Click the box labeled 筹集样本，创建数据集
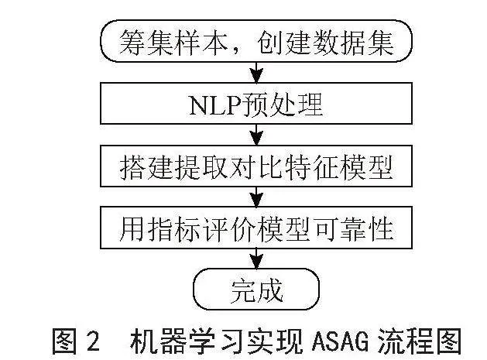256,41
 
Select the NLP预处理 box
256,104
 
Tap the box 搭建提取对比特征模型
256,166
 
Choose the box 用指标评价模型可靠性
256,228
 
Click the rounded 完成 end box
256,290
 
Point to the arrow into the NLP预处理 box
256,72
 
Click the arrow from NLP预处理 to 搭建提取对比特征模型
256,135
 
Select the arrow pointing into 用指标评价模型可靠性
256,197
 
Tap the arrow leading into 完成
256,259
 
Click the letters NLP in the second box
214,105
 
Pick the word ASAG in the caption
340,342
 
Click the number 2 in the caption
93,342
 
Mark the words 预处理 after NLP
282,105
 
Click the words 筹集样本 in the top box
174,43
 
